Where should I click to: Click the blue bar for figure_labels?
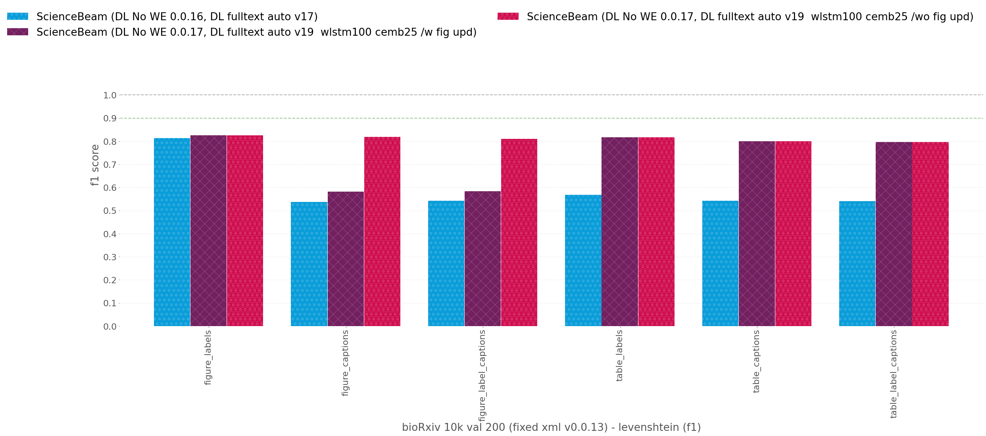[172, 232]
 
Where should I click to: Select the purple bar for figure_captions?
[346, 259]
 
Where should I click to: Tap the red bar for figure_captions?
[382, 231]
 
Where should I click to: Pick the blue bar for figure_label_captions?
[446, 263]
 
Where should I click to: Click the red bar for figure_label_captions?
[519, 232]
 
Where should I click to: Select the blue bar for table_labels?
[583, 260]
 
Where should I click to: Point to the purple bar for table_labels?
[620, 232]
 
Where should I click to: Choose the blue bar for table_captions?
[720, 263]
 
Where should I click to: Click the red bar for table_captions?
[793, 234]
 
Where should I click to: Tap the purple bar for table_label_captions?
[894, 234]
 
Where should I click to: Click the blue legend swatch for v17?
[17, 16]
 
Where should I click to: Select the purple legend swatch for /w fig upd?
[17, 32]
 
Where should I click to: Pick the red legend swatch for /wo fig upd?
[508, 16]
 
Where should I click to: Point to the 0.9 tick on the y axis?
[110, 118]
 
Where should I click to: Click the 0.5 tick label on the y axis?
[110, 211]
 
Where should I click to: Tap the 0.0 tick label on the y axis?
[110, 327]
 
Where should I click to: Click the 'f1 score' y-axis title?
[95, 165]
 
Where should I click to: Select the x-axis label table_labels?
[619, 355]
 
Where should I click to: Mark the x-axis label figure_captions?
[345, 363]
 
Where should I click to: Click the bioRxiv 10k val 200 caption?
[551, 427]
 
